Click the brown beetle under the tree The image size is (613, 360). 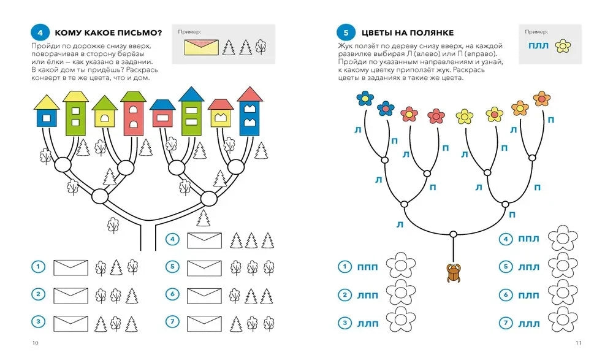[454, 272]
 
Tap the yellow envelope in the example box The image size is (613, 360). [201, 47]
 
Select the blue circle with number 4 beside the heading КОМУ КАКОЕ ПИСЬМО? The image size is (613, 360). [40, 33]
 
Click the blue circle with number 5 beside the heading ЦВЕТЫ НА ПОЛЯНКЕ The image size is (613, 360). [346, 33]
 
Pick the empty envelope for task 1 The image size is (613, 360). [70, 268]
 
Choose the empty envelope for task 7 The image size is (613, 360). [205, 324]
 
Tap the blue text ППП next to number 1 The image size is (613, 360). [367, 267]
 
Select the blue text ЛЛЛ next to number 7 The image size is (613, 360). [528, 324]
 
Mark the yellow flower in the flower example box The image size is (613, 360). [563, 46]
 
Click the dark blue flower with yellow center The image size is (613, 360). [365, 98]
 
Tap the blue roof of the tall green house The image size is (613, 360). [191, 94]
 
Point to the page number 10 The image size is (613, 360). [35, 343]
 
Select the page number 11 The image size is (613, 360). [579, 343]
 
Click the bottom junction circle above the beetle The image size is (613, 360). [453, 234]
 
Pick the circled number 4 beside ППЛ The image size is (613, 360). [506, 239]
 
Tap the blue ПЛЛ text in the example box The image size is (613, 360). [538, 46]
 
